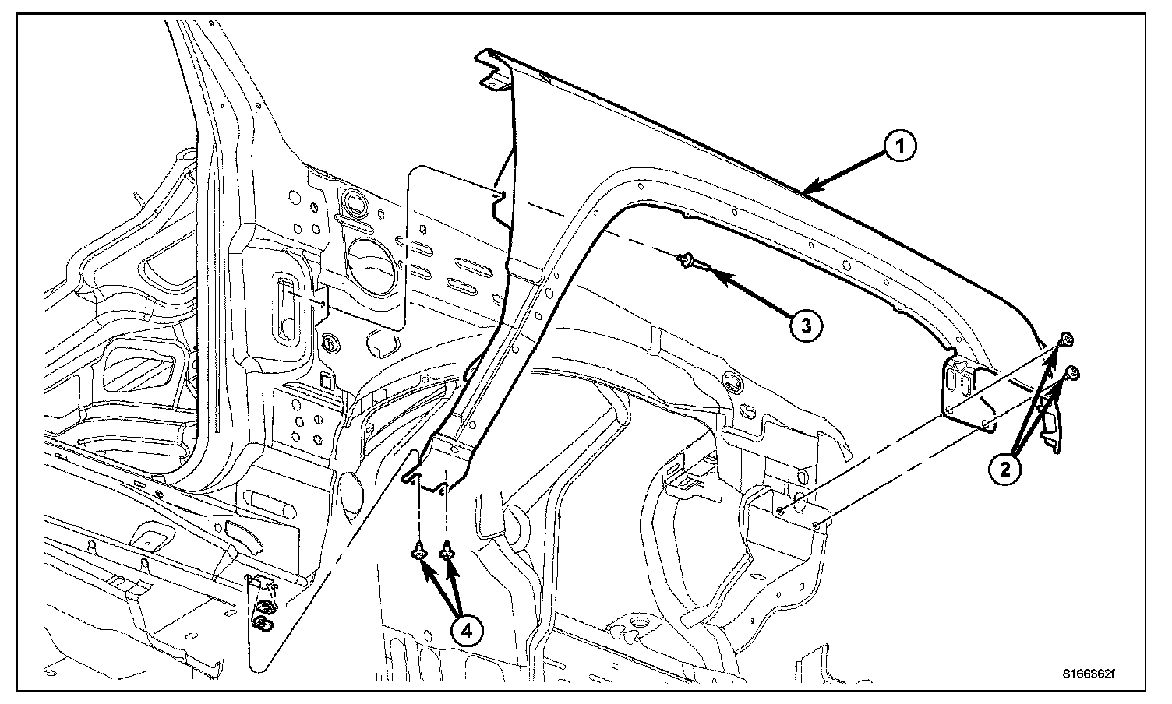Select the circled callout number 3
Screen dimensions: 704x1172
pyautogui.click(x=805, y=326)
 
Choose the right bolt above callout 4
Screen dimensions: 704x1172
pyautogui.click(x=447, y=553)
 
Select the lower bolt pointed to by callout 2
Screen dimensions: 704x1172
pyautogui.click(x=1075, y=372)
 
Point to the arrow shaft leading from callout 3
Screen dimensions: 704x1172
pyautogui.click(x=752, y=296)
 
